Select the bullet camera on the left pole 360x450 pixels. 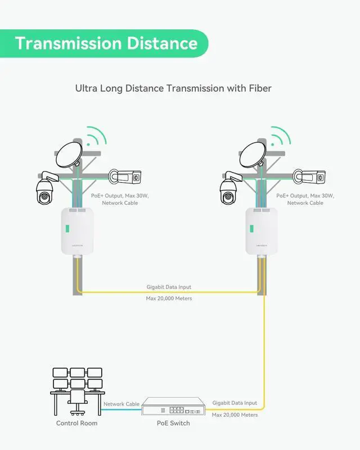[x=126, y=177]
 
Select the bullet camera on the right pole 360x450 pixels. [x=309, y=177]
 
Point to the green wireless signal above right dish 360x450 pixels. [x=278, y=137]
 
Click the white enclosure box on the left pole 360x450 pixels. [x=78, y=231]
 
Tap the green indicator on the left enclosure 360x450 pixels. [x=66, y=230]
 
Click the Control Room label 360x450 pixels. [x=76, y=423]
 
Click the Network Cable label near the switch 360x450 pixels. [x=121, y=404]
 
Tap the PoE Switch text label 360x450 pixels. [x=173, y=423]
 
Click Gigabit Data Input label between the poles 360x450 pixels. [x=169, y=287]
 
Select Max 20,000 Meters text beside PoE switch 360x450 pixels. [x=235, y=415]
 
